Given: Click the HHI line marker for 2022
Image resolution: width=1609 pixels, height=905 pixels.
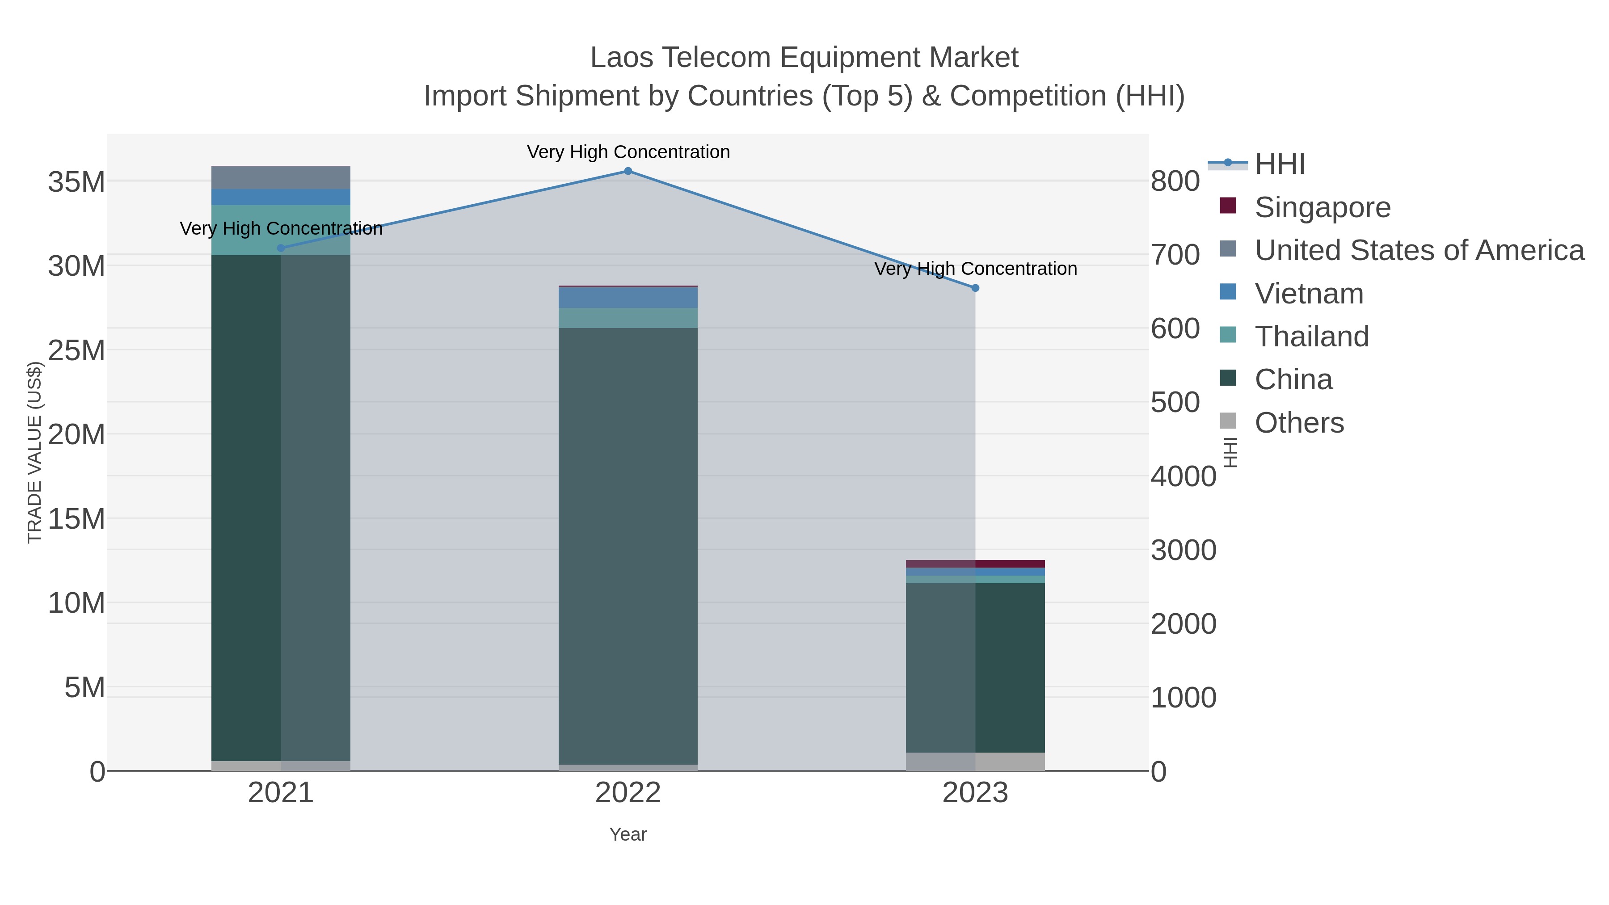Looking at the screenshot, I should coord(628,171).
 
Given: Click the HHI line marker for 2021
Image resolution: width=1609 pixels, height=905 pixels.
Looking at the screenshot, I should coord(280,248).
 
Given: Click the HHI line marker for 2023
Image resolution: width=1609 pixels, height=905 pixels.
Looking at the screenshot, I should coord(975,288).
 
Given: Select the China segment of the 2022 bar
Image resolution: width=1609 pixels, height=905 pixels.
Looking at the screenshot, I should coord(628,543).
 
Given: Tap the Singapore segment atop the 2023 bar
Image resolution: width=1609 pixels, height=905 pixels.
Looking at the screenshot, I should coord(975,564).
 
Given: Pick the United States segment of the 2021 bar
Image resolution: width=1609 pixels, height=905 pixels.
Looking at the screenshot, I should coord(280,178).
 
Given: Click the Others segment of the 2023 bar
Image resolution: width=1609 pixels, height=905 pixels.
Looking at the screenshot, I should coord(975,762).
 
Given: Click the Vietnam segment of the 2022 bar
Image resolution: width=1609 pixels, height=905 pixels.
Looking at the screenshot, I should coord(628,297).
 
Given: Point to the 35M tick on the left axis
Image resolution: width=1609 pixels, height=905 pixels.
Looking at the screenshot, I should coord(76,182).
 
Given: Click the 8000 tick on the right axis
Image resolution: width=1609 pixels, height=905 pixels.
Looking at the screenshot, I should coord(1175,181).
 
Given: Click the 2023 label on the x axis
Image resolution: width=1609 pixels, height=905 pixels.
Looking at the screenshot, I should coord(975,793).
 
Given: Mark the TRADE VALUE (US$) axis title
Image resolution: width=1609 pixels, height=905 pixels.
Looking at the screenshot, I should coord(34,452).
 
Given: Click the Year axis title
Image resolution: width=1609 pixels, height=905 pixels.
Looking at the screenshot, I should coord(628,834).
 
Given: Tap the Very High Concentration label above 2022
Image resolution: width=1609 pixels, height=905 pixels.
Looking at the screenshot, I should coord(628,152).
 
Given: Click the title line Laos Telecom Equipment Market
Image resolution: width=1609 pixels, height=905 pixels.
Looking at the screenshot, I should coord(804,58).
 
